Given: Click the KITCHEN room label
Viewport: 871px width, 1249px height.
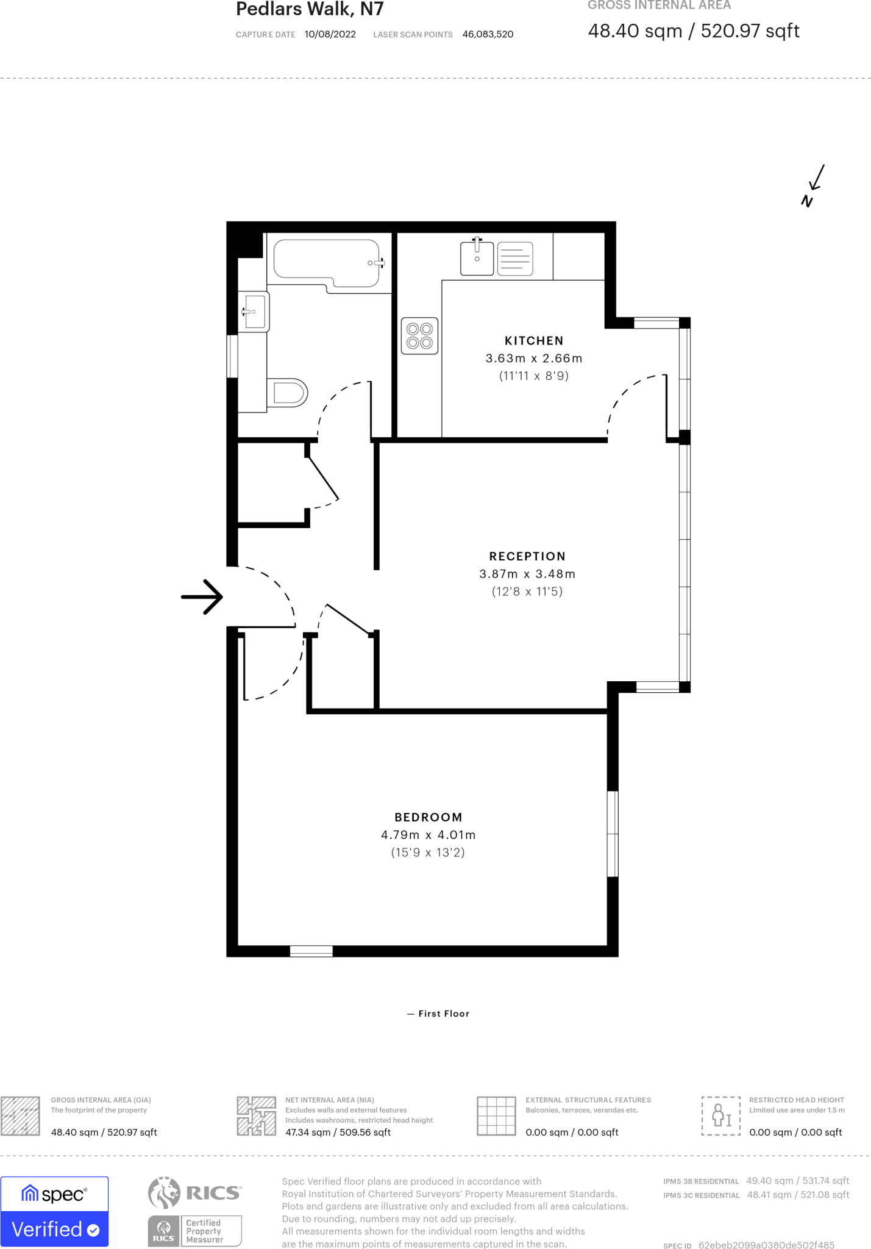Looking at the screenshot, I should [534, 341].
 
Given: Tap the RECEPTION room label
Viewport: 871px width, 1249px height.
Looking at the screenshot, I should [527, 556].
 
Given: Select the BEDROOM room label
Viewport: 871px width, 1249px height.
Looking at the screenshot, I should [428, 817].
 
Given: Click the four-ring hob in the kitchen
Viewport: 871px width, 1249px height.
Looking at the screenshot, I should [419, 336].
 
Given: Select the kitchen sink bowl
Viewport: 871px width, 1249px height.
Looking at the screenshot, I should [477, 258].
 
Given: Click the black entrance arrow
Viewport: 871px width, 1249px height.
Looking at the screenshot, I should [203, 596].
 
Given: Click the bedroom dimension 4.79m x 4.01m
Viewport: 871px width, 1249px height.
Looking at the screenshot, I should [428, 835].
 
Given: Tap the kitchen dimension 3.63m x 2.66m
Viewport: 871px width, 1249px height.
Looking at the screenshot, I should [534, 359].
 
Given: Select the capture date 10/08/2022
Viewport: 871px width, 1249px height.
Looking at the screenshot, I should [330, 34].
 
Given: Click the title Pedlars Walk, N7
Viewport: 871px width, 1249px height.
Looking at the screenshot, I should [310, 9].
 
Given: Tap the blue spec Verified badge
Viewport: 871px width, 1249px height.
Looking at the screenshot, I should [55, 1211].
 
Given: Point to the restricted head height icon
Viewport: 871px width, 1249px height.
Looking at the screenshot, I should [720, 1115].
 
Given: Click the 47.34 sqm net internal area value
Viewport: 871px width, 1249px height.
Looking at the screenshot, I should [338, 1133].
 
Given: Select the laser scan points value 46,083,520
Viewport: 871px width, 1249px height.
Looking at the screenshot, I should [488, 34].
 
